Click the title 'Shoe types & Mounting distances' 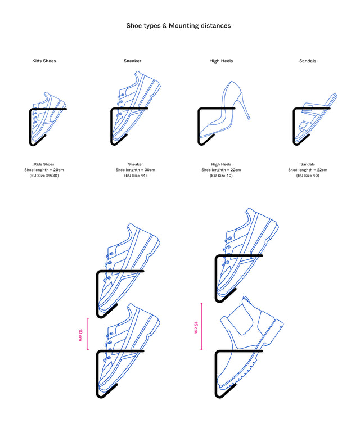(178, 26)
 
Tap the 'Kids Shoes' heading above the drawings (44, 61)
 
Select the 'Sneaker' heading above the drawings (133, 61)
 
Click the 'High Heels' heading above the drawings (221, 61)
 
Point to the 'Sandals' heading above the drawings (308, 61)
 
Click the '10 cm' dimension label (80, 335)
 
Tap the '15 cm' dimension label (196, 327)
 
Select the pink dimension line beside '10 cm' (88, 334)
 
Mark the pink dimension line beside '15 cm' (201, 326)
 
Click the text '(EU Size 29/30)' (44, 175)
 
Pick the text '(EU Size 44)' (135, 175)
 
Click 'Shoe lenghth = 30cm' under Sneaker (135, 170)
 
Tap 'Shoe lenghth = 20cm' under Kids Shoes (44, 170)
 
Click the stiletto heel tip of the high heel (249, 119)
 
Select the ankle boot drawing (250, 343)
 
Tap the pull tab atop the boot (245, 300)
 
